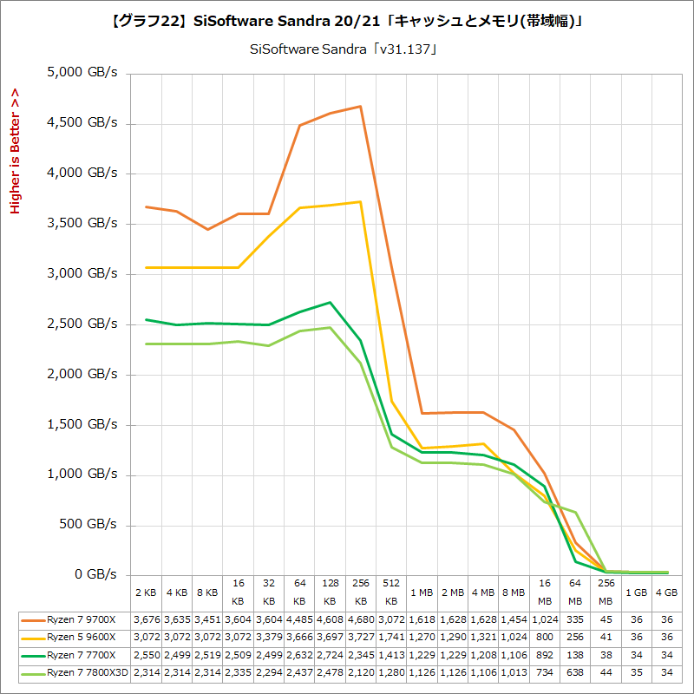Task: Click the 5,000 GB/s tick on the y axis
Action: (84, 73)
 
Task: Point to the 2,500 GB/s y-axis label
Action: (84, 324)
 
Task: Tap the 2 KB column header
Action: (145, 593)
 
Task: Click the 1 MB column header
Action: (422, 593)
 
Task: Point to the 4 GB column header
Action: (667, 593)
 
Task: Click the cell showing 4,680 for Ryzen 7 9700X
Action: (360, 620)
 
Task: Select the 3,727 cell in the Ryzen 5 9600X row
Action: (360, 638)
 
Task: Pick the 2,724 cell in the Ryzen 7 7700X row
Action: (330, 655)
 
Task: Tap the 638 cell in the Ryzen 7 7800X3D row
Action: (575, 672)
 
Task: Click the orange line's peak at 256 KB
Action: (360, 106)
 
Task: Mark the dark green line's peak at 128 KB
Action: (330, 302)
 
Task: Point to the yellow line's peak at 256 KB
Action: (360, 201)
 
